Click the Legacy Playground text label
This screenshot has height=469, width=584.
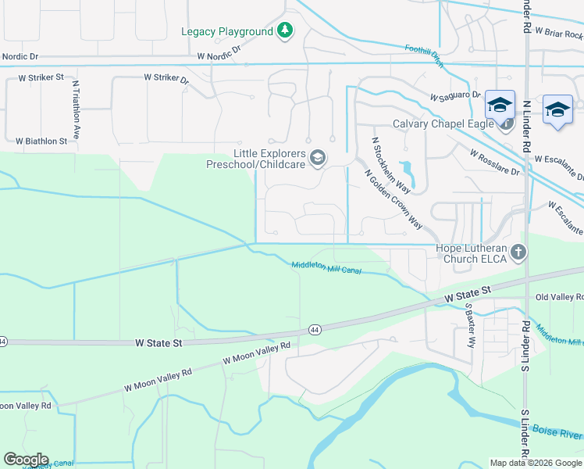(x=227, y=31)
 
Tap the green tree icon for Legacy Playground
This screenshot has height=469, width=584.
(x=287, y=30)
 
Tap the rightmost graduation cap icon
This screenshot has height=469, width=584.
(x=558, y=109)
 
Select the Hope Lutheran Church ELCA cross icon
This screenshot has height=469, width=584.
(x=520, y=253)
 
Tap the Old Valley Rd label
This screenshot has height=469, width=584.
(x=560, y=298)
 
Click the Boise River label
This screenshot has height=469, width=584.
(x=557, y=433)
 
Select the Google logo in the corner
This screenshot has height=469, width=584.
(x=25, y=460)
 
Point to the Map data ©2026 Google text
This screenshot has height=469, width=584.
(x=536, y=463)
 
